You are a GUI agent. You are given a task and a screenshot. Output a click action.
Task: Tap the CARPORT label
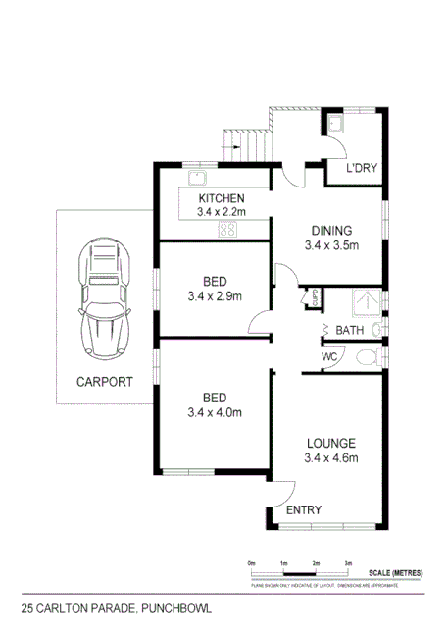point(103,382)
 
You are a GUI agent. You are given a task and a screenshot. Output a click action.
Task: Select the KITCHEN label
point(221,198)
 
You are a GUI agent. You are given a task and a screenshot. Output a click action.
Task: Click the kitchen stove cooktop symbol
point(227,231)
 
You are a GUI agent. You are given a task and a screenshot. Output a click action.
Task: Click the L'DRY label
point(363,169)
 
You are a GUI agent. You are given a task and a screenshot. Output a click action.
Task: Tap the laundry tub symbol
point(334,124)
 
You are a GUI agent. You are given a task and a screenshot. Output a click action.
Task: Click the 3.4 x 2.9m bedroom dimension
point(215,295)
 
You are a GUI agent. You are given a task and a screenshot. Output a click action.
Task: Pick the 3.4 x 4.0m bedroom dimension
point(215,412)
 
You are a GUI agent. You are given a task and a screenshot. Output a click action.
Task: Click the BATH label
point(350,330)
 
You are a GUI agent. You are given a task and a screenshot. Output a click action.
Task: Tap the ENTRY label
point(303,510)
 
